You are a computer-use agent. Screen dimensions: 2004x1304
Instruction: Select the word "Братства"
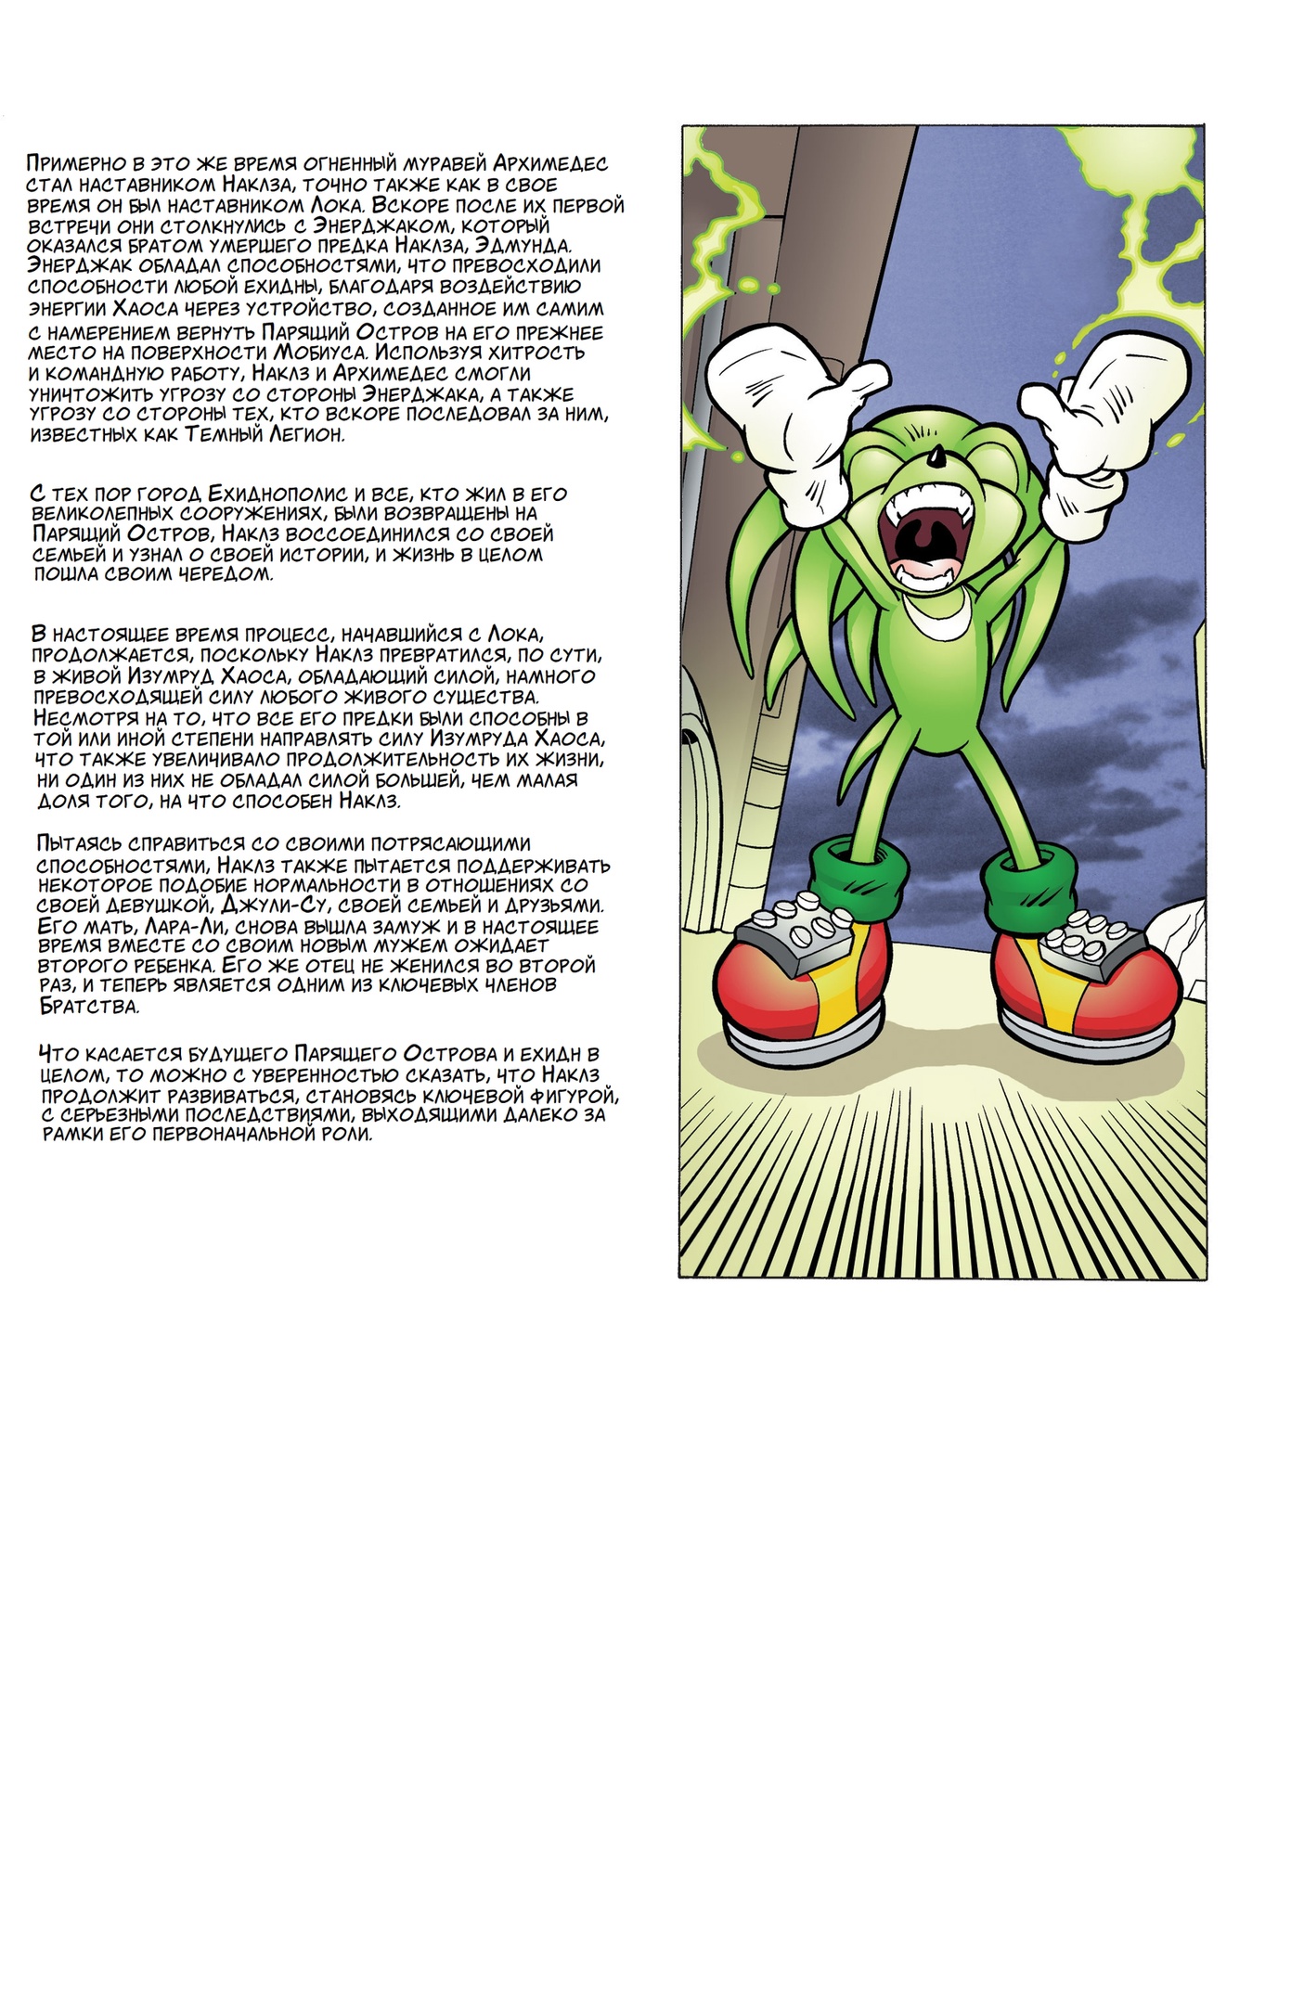pyautogui.click(x=83, y=1007)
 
